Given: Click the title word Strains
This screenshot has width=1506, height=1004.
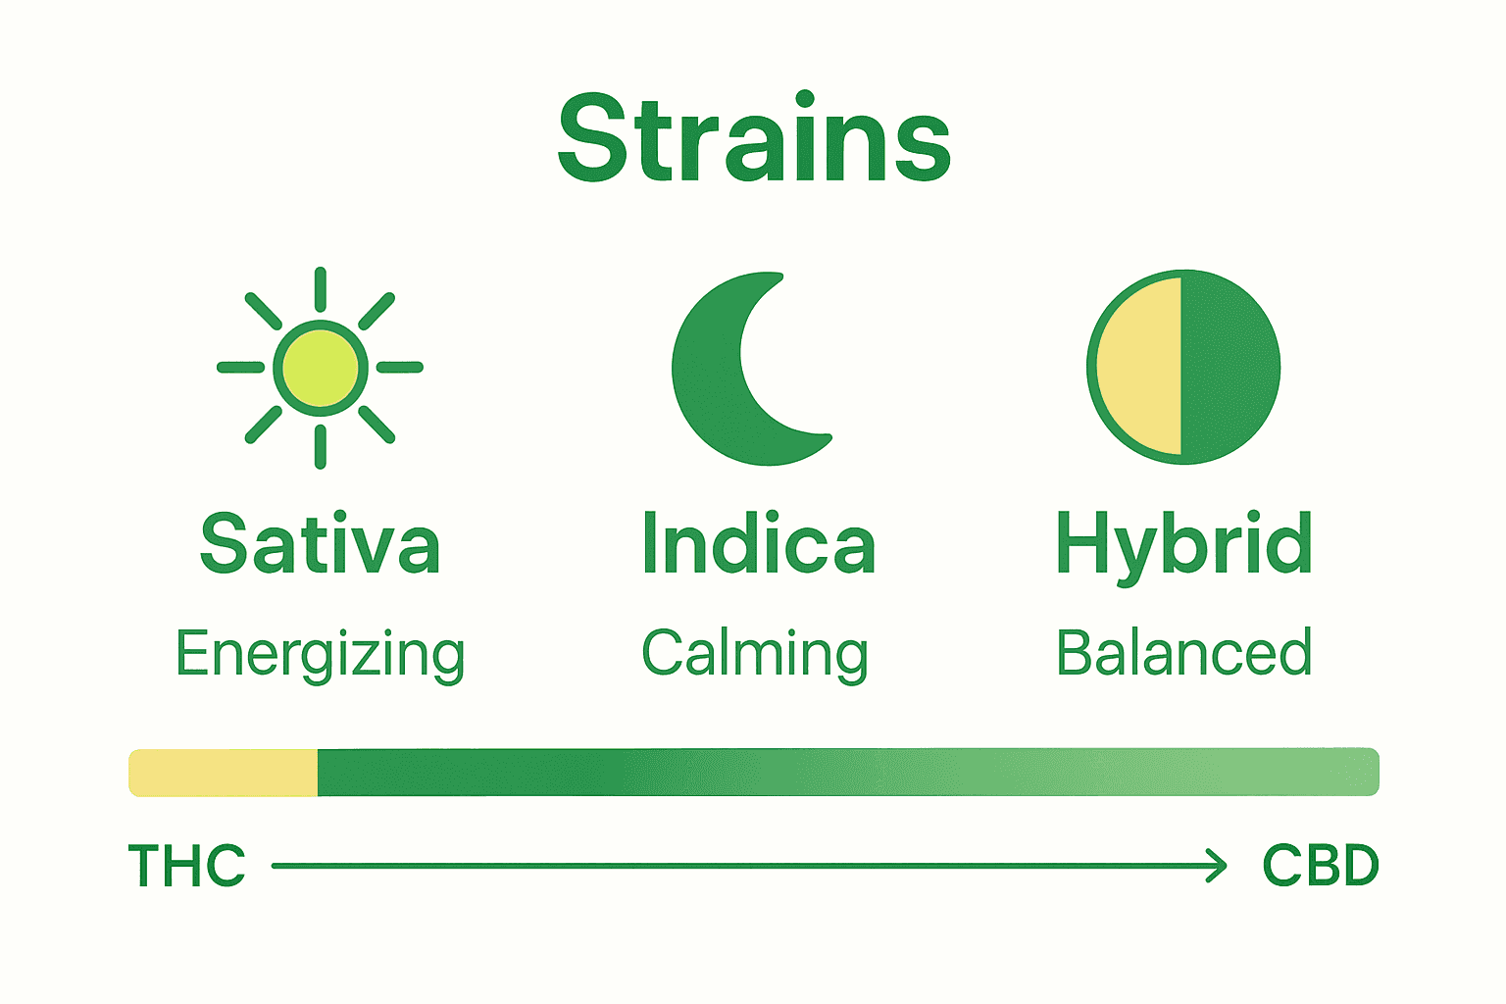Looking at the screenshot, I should point(753,138).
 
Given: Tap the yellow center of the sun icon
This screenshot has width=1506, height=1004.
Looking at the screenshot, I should point(321,368).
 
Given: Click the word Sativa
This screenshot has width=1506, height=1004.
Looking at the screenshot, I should point(320,544).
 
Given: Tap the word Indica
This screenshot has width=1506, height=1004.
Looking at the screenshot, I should point(757,544).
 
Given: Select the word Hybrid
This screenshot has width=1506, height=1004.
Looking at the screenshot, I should point(1183,546).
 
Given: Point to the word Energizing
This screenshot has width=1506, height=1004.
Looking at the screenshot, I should point(320,654).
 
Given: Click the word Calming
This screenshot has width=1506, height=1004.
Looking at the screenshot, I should point(755,654).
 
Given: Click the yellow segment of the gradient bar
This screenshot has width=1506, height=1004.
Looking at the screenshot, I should point(224,773).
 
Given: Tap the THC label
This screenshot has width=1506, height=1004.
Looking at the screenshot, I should point(186,866).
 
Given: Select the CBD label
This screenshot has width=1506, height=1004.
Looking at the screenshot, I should point(1320,866).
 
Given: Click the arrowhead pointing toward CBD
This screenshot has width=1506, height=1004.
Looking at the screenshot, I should point(1218,866).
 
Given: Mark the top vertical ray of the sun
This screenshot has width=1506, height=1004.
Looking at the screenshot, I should point(321,289).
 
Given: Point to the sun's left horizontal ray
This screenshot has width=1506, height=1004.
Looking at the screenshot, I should point(241,368).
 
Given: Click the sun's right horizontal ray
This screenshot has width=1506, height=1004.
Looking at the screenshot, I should point(400,368).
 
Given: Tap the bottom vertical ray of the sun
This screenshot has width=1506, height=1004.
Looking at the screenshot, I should point(321,447).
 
